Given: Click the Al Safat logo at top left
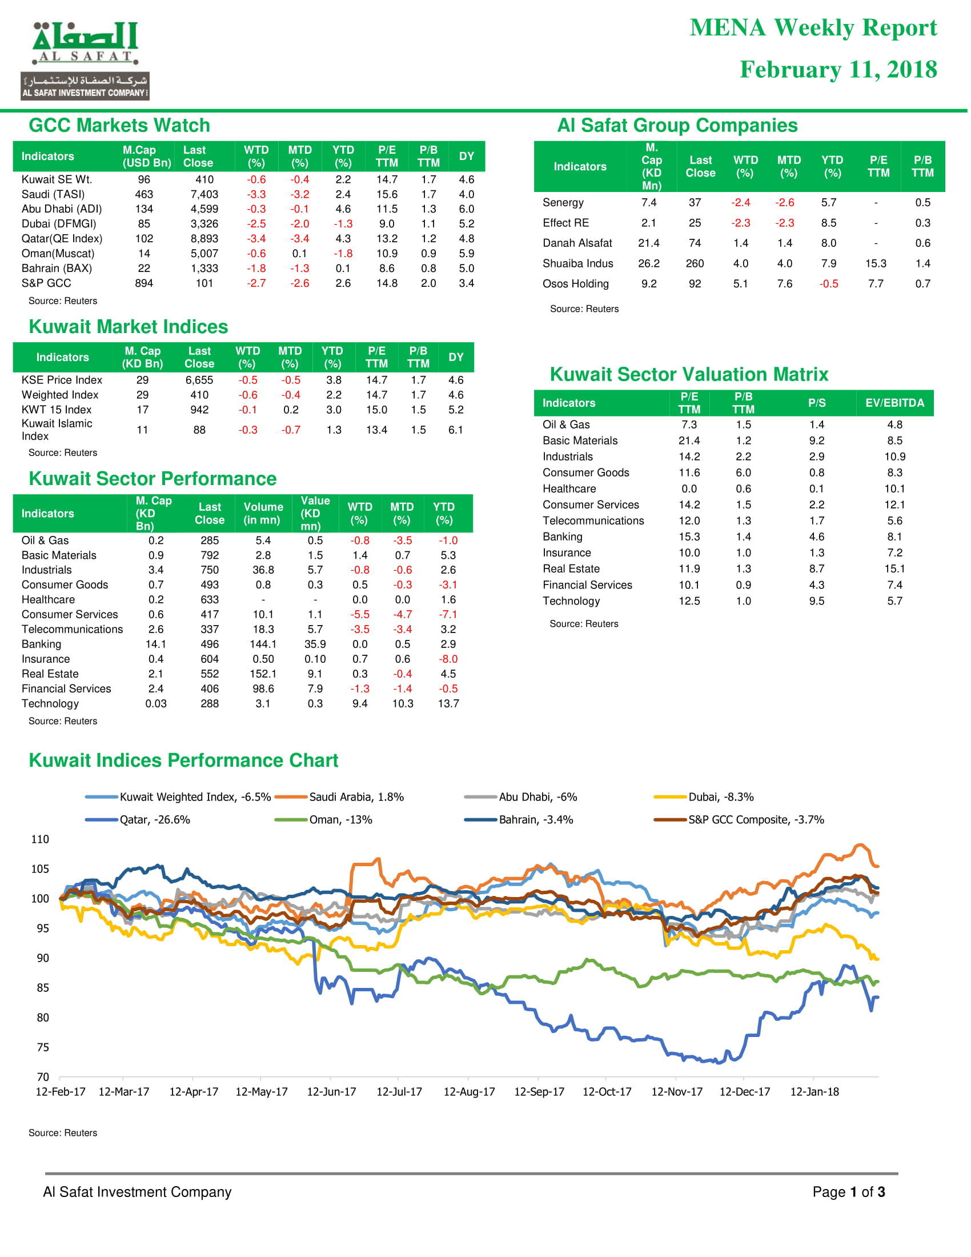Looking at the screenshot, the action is (85, 61).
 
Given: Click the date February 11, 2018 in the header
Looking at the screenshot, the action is (838, 70).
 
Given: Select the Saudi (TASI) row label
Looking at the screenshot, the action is (53, 194).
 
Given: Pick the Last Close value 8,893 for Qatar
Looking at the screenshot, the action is (204, 239).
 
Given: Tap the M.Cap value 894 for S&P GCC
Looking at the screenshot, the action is (144, 283).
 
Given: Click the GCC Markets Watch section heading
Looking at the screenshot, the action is (119, 126).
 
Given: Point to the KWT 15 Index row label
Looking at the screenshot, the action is (57, 410).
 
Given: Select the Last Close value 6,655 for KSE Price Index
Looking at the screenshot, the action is (199, 381).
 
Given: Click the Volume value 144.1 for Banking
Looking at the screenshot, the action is (263, 644).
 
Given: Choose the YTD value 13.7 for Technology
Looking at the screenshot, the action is (448, 703).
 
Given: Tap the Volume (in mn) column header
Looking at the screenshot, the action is (263, 514).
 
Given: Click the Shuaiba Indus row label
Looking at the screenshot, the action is (577, 263).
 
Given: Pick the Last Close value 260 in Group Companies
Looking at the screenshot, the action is (695, 263).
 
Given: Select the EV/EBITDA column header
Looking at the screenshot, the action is (894, 403).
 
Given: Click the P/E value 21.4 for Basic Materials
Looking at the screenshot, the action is (689, 441).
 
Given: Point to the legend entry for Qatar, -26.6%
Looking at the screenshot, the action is (138, 819).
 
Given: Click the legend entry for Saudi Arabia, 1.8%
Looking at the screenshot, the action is (339, 797).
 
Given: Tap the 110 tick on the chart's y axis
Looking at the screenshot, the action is (39, 839).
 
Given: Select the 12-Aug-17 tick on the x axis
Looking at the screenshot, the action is (469, 1092).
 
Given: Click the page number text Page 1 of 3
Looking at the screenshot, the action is (848, 1191).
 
